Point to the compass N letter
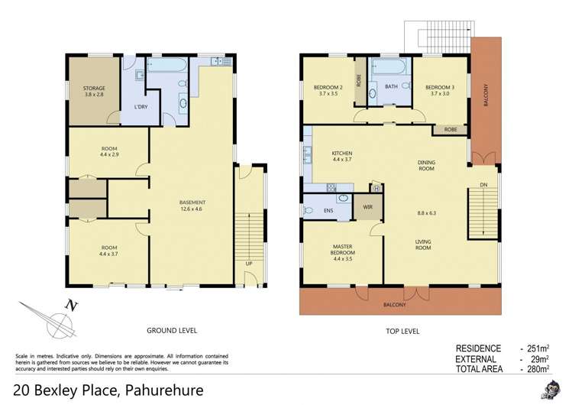pyautogui.click(x=73, y=306)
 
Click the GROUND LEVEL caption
pyautogui.click(x=172, y=331)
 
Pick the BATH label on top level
pyautogui.click(x=391, y=87)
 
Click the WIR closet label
pyautogui.click(x=367, y=206)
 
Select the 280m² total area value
pyautogui.click(x=538, y=369)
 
